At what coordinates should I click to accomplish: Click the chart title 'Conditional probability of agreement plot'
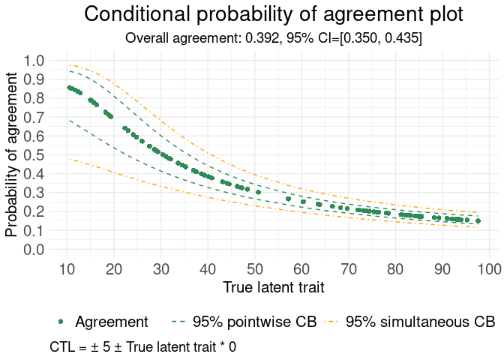click(274, 14)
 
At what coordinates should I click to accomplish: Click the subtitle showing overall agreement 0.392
click(274, 37)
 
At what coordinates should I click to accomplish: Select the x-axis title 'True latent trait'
click(274, 286)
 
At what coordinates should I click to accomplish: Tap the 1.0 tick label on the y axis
click(34, 61)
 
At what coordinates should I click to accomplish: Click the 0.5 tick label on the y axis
click(34, 155)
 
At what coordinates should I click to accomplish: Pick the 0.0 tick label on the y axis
click(34, 250)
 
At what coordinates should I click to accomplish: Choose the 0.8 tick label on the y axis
click(34, 98)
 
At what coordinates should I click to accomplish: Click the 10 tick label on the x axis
click(67, 268)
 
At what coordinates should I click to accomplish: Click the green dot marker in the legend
click(61, 322)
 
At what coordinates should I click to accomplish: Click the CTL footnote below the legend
click(143, 347)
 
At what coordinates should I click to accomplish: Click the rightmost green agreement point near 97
click(478, 220)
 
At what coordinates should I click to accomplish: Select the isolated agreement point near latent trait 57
click(288, 199)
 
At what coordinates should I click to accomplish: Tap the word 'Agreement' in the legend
click(112, 322)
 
